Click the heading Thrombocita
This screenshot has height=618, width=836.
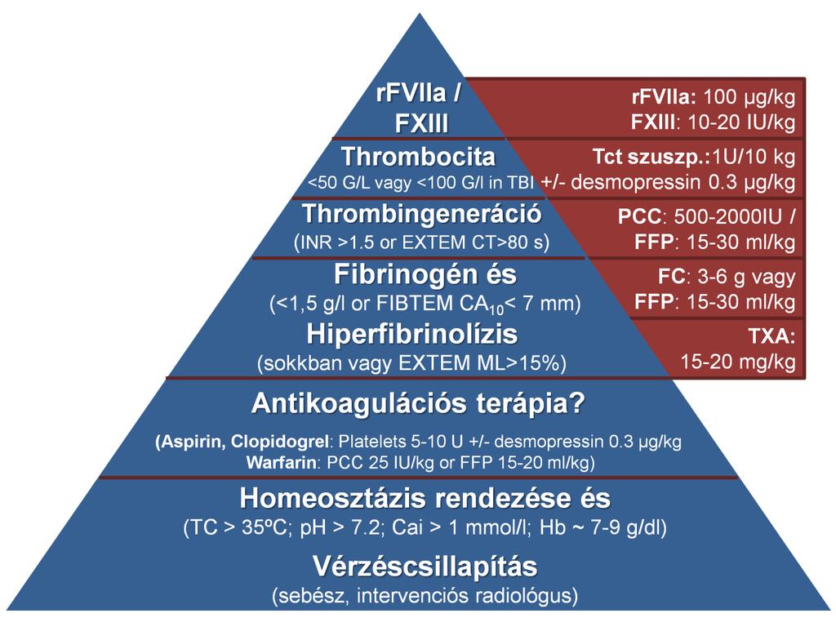(419, 157)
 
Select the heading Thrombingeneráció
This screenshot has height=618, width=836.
(422, 215)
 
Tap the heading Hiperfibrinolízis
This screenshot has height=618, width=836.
(411, 335)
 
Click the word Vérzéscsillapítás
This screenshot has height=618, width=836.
(425, 567)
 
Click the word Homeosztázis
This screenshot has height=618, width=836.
(334, 499)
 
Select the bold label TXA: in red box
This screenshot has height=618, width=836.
(772, 336)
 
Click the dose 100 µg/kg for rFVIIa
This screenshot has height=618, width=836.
(749, 98)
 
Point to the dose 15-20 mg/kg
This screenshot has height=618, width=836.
(738, 362)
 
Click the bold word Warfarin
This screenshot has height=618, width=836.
(281, 462)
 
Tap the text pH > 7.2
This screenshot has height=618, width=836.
(342, 528)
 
